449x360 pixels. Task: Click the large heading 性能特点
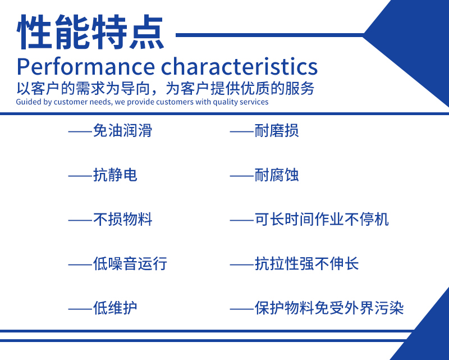(90, 32)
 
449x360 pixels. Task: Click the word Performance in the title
(86, 67)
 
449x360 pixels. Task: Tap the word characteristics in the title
(240, 66)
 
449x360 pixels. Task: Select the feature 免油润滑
(122, 131)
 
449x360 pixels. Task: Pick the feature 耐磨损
(277, 131)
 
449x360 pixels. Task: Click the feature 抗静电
(115, 175)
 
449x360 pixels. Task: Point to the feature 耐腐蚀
(277, 175)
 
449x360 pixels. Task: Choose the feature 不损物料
(122, 219)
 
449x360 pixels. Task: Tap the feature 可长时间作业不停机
(322, 219)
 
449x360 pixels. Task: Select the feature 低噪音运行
(130, 263)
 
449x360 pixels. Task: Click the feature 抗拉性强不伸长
(306, 263)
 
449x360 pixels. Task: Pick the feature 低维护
(115, 308)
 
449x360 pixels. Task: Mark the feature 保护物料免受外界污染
(329, 308)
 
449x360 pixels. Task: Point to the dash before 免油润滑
(80, 132)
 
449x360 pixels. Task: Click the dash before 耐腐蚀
(241, 176)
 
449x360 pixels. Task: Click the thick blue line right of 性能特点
(270, 35)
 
